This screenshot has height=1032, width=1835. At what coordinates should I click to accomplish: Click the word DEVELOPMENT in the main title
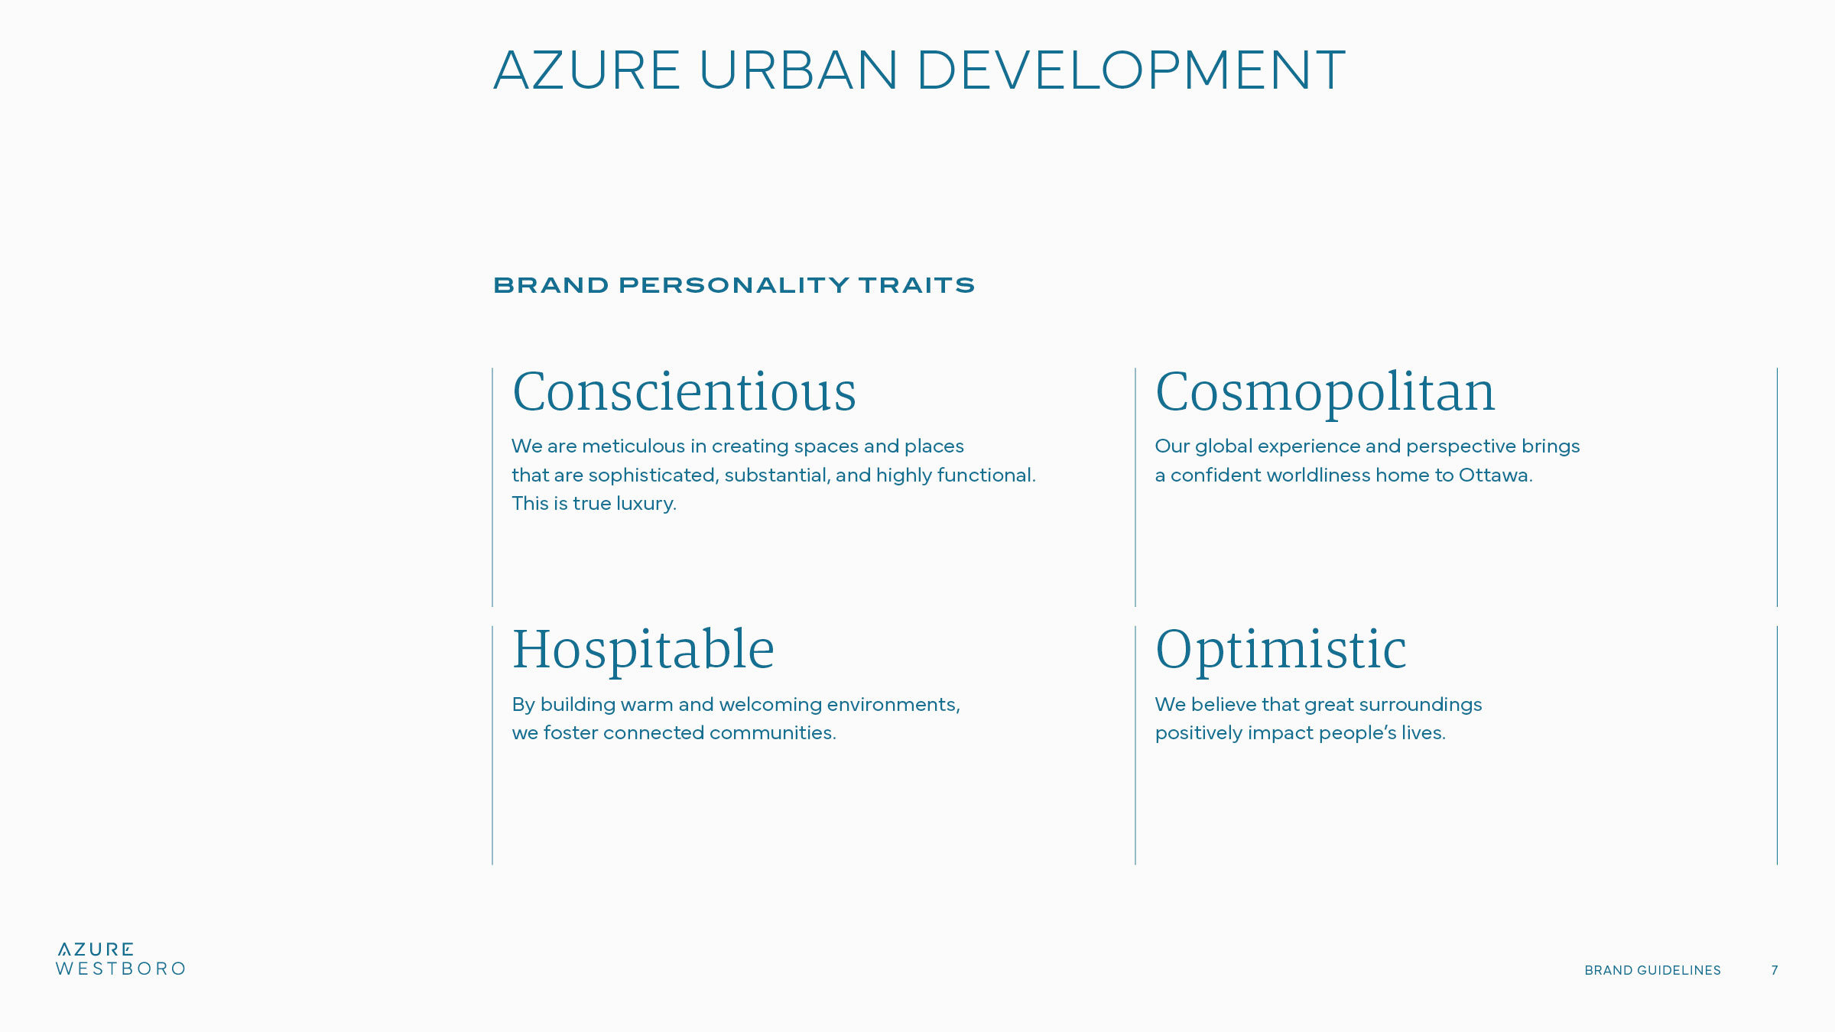click(1131, 70)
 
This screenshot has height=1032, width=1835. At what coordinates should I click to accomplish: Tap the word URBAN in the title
click(798, 70)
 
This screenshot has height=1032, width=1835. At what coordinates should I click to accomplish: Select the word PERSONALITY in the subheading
click(734, 285)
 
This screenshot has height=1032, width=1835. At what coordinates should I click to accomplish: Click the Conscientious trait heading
click(684, 391)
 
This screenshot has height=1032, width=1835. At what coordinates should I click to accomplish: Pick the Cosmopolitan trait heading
click(1325, 393)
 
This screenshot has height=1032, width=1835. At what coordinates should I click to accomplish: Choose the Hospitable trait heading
click(643, 651)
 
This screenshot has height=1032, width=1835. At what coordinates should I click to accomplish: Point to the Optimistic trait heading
click(1281, 651)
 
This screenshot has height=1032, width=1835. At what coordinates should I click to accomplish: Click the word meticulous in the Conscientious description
click(633, 446)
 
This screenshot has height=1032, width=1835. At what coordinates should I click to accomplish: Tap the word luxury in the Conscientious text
click(646, 504)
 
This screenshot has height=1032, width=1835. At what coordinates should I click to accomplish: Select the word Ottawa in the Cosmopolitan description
click(1496, 475)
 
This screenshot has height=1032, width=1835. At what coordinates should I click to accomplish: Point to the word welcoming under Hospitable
click(770, 705)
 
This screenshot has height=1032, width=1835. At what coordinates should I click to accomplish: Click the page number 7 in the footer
click(1775, 970)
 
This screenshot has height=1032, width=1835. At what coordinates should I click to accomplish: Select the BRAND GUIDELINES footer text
click(1652, 970)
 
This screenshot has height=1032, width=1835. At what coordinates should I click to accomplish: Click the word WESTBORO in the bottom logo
click(121, 969)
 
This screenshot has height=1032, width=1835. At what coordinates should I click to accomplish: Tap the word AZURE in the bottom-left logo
click(96, 949)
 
